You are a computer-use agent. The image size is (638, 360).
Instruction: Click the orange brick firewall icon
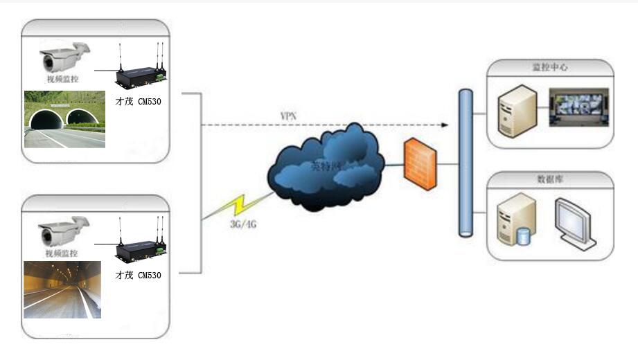tap(420, 163)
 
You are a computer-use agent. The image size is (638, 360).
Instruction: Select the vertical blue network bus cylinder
tap(466, 163)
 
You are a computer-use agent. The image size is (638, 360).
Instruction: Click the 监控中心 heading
tap(550, 67)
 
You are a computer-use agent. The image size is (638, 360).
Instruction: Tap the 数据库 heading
tap(550, 179)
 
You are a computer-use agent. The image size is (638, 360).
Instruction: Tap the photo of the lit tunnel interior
tap(62, 289)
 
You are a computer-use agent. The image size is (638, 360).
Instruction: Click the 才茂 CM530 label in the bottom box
tap(139, 275)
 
